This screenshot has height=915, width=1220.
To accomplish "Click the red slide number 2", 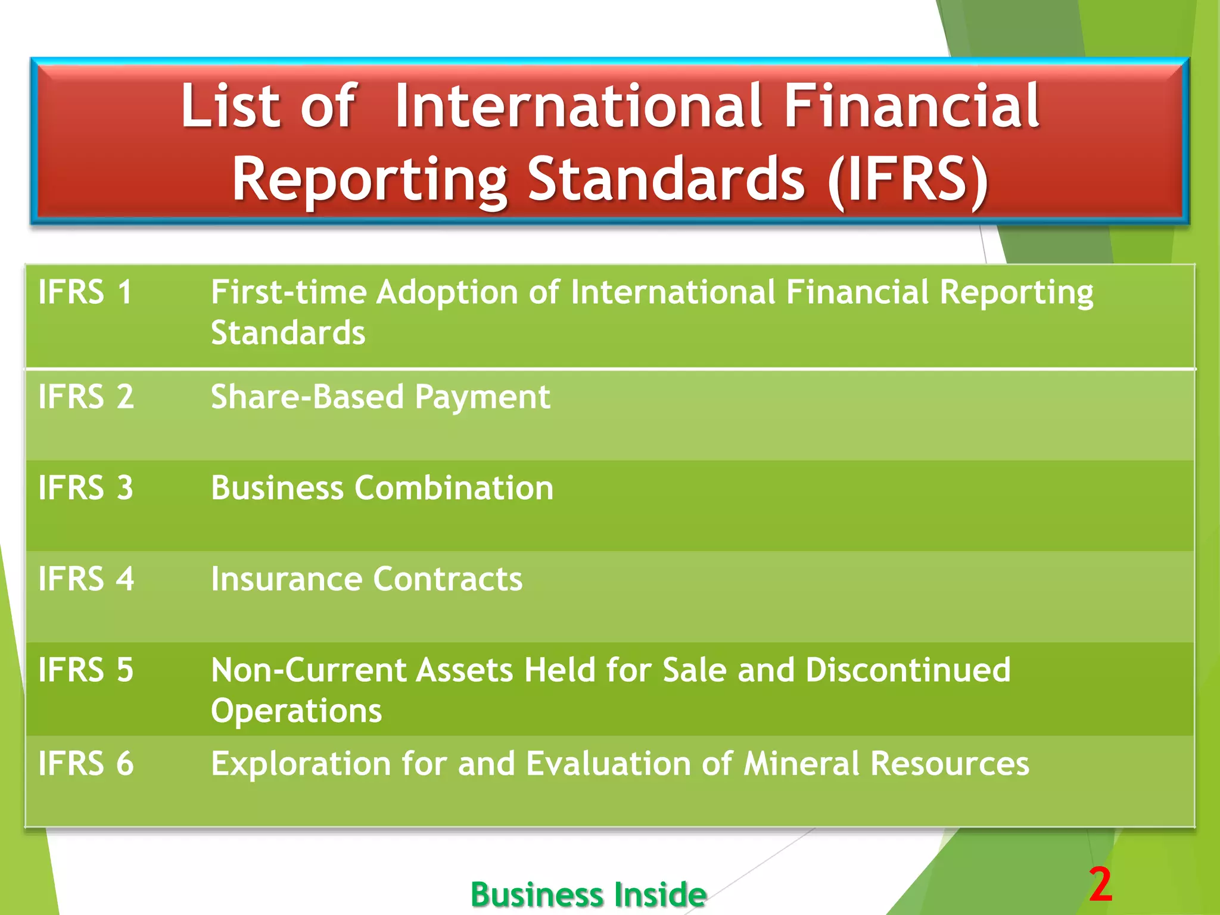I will [1101, 885].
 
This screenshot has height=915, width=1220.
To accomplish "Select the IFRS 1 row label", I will [85, 292].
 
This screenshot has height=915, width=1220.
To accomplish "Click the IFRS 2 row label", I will [86, 397].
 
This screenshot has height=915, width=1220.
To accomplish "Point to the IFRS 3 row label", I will [86, 488].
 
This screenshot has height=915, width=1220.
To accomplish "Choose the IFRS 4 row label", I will [86, 579].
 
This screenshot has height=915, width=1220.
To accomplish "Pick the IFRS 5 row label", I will [86, 670].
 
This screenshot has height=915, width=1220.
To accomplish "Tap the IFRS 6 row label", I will [86, 764].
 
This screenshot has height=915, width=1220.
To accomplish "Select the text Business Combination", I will [382, 488].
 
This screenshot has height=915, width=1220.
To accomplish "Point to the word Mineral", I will [801, 764].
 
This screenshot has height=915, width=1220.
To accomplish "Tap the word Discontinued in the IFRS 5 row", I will [908, 670].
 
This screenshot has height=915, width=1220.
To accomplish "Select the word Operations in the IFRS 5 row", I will [296, 711].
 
